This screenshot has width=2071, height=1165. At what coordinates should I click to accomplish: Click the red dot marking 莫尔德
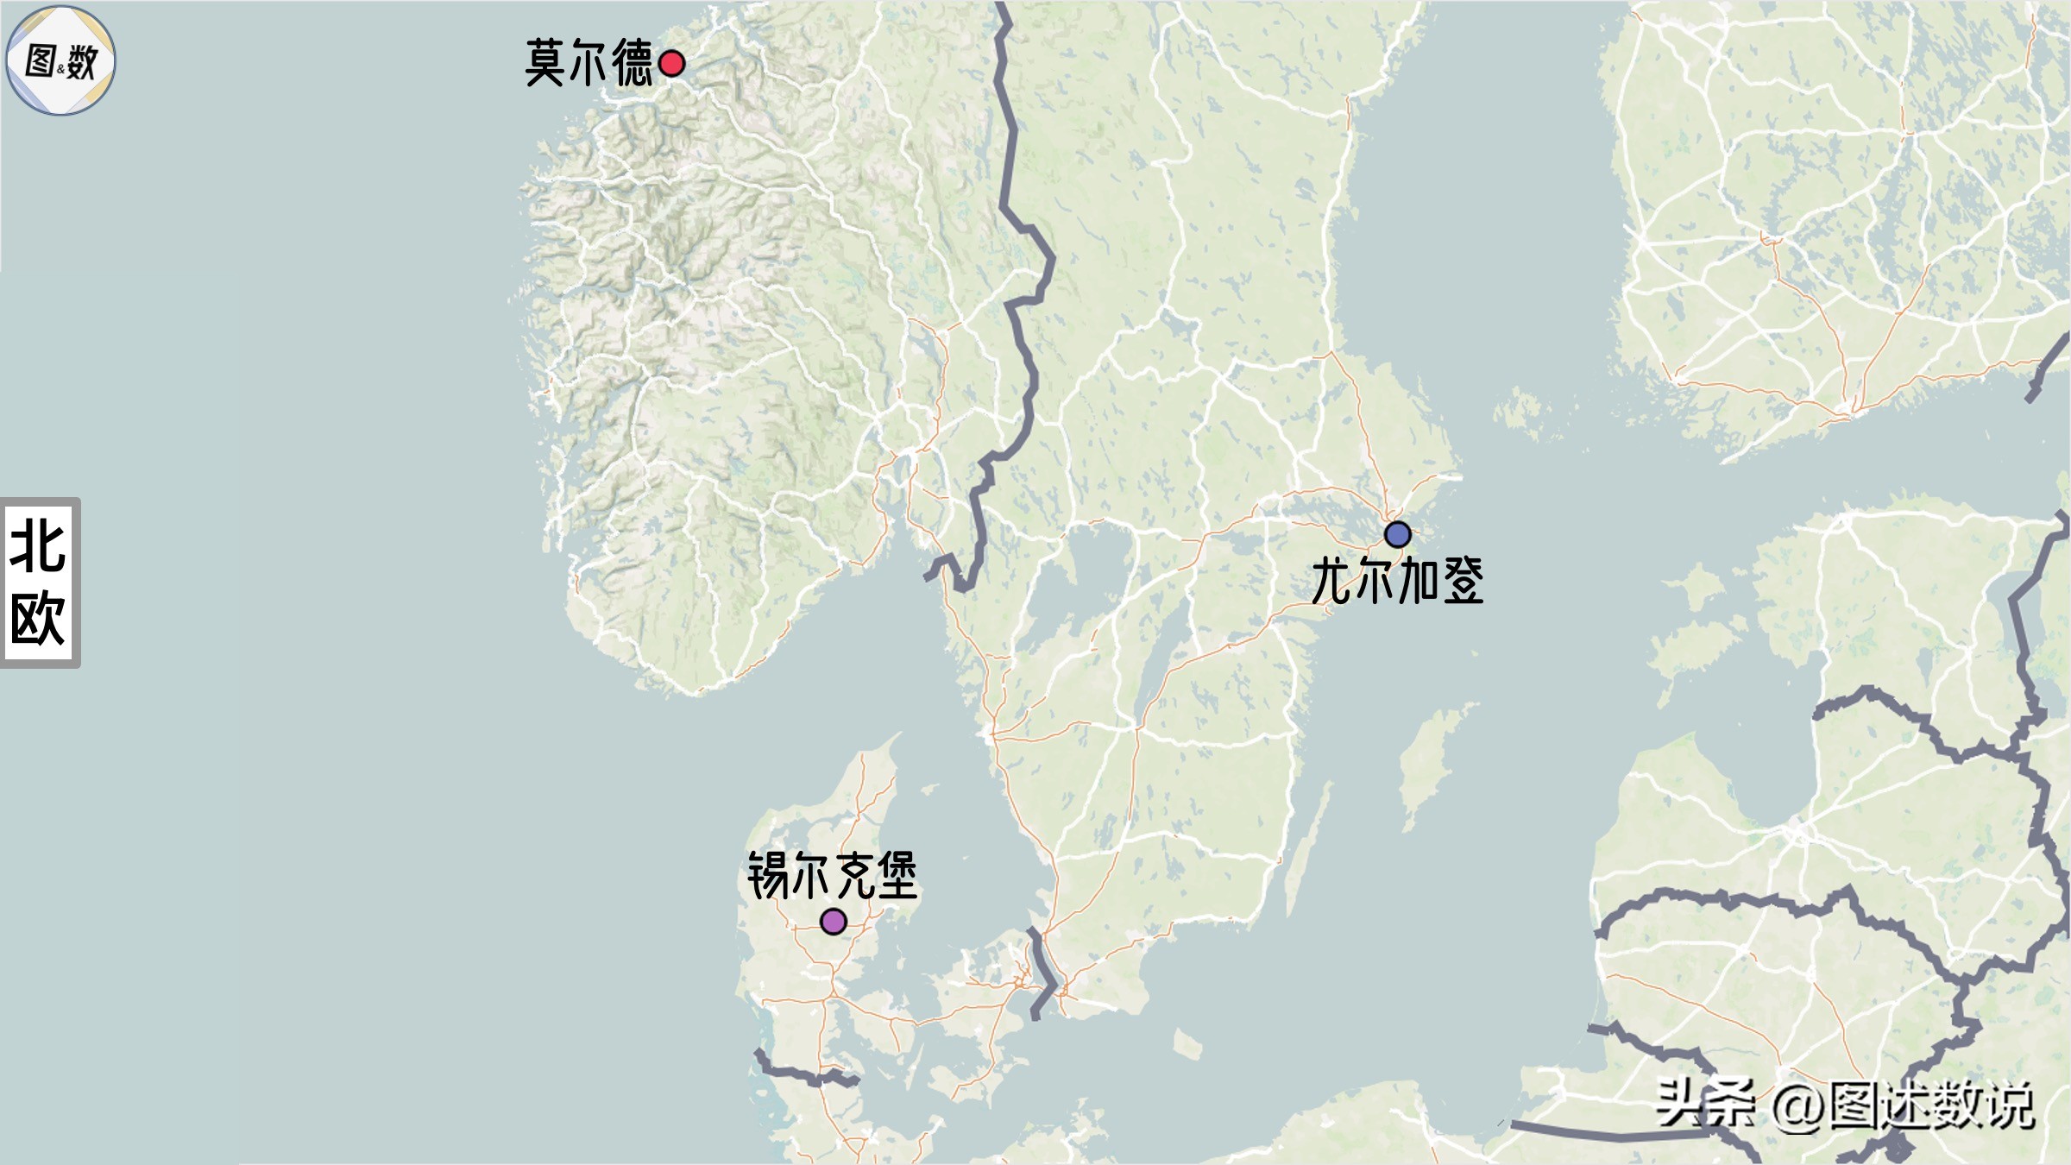coord(671,63)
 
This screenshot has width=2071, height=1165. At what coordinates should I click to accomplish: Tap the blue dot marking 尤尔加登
coord(1397,534)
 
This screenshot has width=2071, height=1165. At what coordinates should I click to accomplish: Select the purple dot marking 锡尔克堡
coord(833,922)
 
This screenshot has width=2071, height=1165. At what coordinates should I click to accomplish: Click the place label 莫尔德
coord(589,63)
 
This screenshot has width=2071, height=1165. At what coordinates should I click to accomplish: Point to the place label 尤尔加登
coord(1397,581)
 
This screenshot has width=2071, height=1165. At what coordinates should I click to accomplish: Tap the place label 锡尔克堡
coord(832,875)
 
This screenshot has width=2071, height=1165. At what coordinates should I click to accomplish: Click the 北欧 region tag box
coord(40,582)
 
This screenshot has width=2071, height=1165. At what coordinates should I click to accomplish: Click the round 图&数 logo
coord(60,60)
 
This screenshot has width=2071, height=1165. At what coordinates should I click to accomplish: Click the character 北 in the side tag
coord(38,546)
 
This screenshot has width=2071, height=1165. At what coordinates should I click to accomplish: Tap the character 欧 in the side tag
coord(38,618)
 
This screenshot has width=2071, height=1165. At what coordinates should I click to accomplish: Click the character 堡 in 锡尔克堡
coord(896,875)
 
